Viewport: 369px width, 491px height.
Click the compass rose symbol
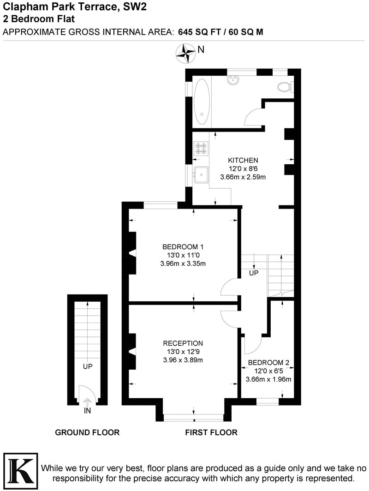point(186,53)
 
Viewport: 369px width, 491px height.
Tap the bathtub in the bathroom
point(201,102)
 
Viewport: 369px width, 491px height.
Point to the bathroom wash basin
point(233,80)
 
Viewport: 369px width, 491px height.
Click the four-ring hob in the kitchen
point(201,147)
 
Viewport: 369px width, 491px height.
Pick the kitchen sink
point(201,174)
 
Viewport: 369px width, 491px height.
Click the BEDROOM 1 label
point(183,246)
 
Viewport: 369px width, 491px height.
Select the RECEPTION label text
point(183,343)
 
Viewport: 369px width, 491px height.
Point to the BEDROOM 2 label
point(267,363)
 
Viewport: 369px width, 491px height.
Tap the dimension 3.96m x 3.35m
point(183,263)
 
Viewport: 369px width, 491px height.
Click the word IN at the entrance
point(88,410)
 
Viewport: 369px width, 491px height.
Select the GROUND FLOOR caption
point(87,432)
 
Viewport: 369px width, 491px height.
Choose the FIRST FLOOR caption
point(211,432)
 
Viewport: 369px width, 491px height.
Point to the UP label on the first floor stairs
point(254,273)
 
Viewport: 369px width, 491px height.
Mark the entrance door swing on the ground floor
point(88,395)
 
